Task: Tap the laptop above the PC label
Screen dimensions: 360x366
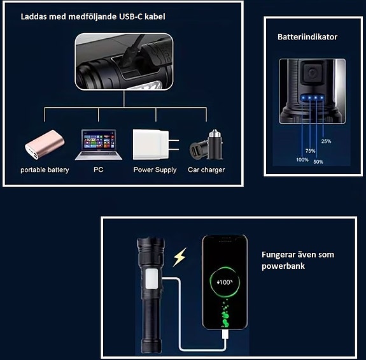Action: [x=98, y=146]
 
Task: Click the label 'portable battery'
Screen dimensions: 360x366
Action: [x=45, y=170]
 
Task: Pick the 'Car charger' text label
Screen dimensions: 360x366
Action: [x=206, y=170]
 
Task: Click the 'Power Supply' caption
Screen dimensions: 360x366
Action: [x=155, y=170]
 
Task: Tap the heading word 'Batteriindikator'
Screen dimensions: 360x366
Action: [x=307, y=37]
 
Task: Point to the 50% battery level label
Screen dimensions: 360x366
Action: [x=318, y=162]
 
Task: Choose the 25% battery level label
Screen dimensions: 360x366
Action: [x=326, y=141]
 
